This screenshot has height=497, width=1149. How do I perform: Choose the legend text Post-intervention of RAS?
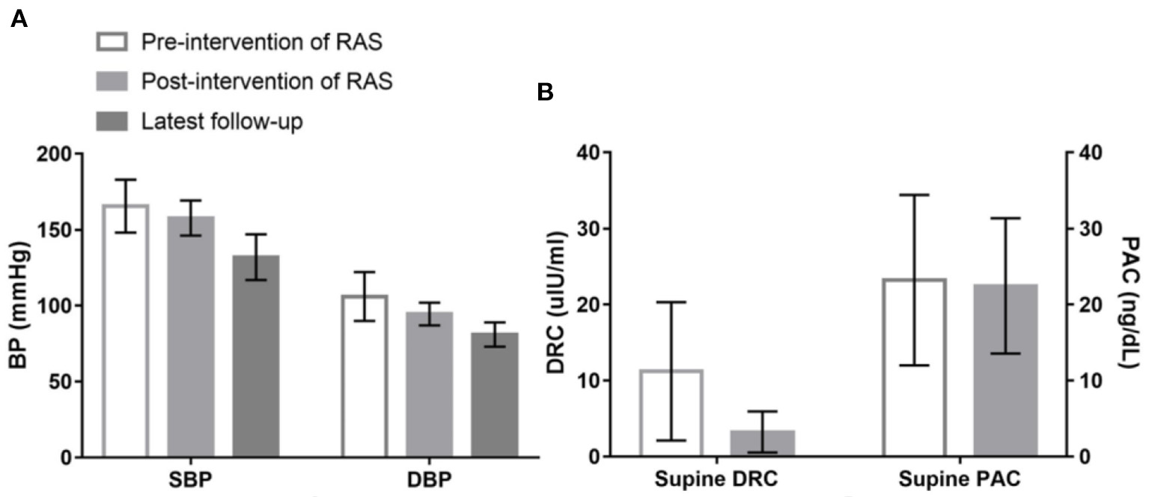coord(266,82)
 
